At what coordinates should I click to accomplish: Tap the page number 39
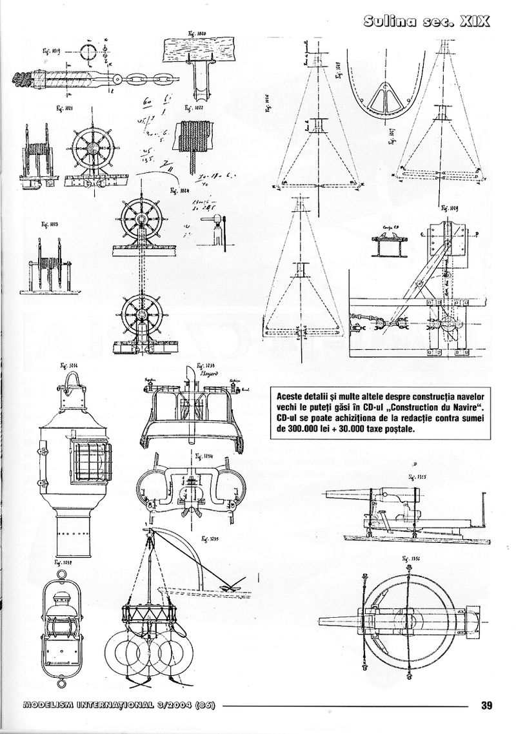tap(487, 704)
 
